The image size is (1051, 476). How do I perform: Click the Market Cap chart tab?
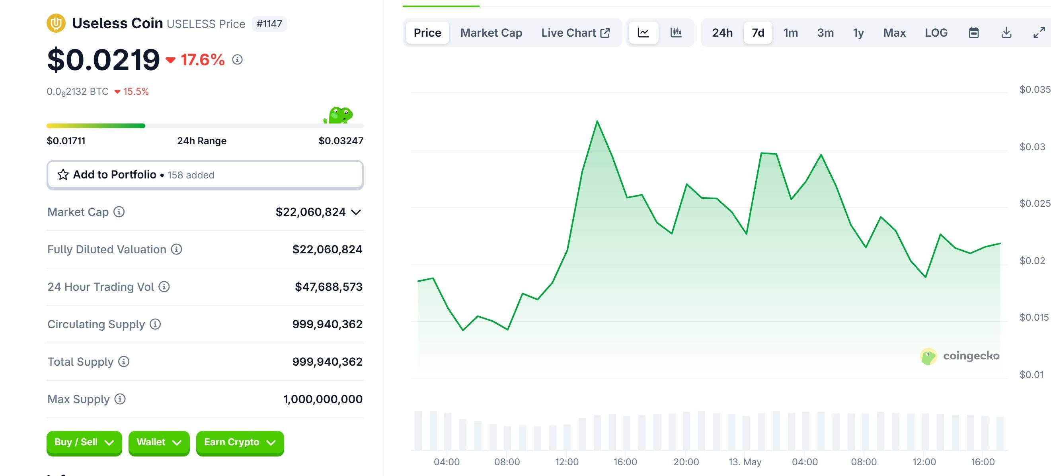point(491,33)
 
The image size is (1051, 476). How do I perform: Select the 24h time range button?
point(722,33)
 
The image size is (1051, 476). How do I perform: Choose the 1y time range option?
point(858,33)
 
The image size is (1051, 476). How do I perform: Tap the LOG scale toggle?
point(936,33)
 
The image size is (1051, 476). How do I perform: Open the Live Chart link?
point(575,33)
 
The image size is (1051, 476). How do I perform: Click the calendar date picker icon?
point(973,33)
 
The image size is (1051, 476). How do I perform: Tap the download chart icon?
point(1006,33)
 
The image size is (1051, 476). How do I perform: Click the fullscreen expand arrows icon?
point(1039,33)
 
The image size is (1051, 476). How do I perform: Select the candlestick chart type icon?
point(676,33)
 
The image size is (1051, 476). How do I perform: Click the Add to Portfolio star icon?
point(63,175)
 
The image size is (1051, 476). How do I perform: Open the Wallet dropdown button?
point(159,443)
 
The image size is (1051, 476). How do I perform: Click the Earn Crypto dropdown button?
point(240,443)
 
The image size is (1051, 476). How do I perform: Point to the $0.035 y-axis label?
point(1034,89)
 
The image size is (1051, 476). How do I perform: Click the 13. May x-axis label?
point(745,462)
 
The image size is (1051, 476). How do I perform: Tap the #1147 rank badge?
point(269,24)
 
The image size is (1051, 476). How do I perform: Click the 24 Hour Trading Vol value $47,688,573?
point(328,287)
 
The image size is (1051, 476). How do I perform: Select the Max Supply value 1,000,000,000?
point(323,399)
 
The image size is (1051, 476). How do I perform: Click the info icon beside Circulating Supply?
point(155,324)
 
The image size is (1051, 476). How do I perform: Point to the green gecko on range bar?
point(339,115)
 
